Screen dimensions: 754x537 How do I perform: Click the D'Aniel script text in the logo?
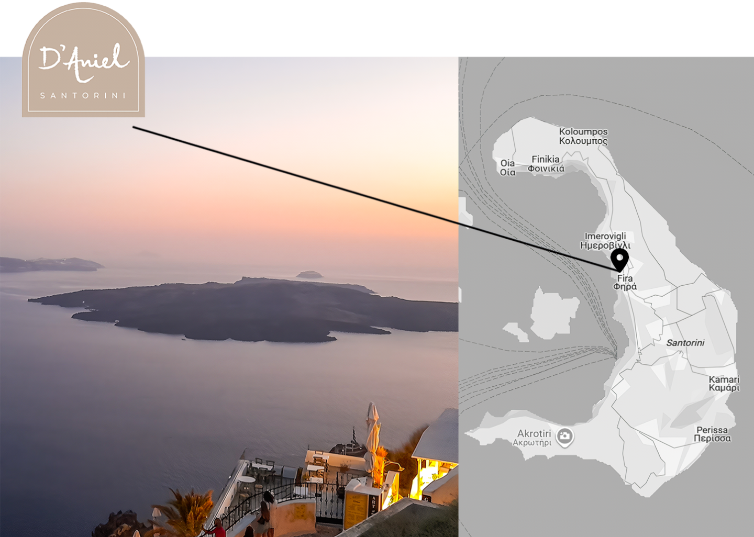click(x=84, y=62)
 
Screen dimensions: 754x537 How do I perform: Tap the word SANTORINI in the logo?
click(x=83, y=96)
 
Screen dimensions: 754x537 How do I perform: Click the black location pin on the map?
click(x=620, y=259)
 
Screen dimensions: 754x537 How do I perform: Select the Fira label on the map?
click(x=625, y=282)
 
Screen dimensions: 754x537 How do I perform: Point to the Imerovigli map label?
click(x=605, y=241)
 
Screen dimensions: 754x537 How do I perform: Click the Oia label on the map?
click(x=507, y=167)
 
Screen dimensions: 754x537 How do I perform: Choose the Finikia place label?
click(x=546, y=164)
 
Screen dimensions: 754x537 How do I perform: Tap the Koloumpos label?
click(x=583, y=136)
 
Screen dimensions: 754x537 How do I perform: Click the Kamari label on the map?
click(x=724, y=384)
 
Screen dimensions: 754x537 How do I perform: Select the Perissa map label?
click(x=712, y=434)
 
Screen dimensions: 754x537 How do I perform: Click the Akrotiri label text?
click(x=534, y=437)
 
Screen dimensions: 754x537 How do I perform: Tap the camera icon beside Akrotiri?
click(x=564, y=436)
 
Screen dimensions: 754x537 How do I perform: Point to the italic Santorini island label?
click(x=685, y=343)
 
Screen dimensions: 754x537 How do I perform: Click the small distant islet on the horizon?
click(x=309, y=274)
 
